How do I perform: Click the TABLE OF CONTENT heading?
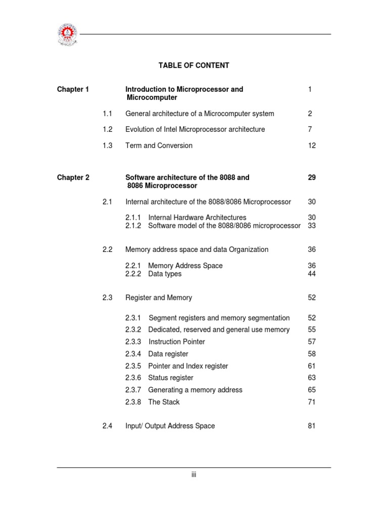tap(193, 66)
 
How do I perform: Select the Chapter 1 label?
tap(73, 89)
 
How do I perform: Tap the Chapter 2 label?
tap(73, 178)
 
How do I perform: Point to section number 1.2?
tap(107, 129)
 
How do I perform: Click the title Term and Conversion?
tap(159, 145)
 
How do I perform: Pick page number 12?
tap(312, 145)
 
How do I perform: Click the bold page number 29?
tap(312, 178)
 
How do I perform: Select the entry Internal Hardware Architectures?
tap(197, 218)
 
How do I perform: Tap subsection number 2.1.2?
tap(134, 226)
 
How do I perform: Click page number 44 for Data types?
tap(312, 274)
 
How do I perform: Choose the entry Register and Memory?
tap(159, 298)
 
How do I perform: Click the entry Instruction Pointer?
tap(177, 342)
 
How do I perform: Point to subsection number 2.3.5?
tap(134, 366)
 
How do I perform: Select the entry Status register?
tap(171, 378)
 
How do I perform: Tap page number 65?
tap(312, 390)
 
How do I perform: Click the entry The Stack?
tap(164, 402)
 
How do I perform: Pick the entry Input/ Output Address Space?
tap(170, 426)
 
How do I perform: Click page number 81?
tap(312, 426)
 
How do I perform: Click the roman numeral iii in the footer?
tap(193, 475)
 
